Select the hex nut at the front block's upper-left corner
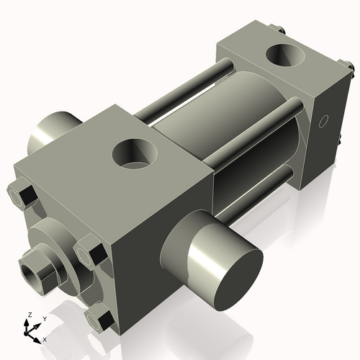[22, 197]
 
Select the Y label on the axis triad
[44, 318]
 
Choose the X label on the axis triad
[45, 338]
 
